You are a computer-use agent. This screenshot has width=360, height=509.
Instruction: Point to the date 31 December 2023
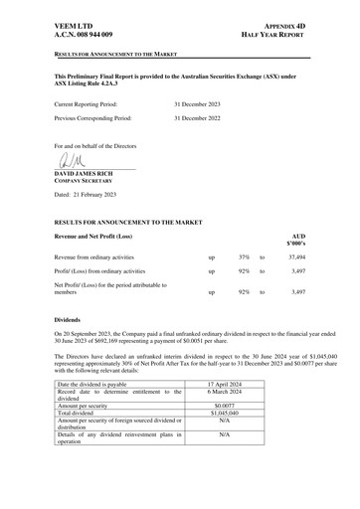pos(202,103)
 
